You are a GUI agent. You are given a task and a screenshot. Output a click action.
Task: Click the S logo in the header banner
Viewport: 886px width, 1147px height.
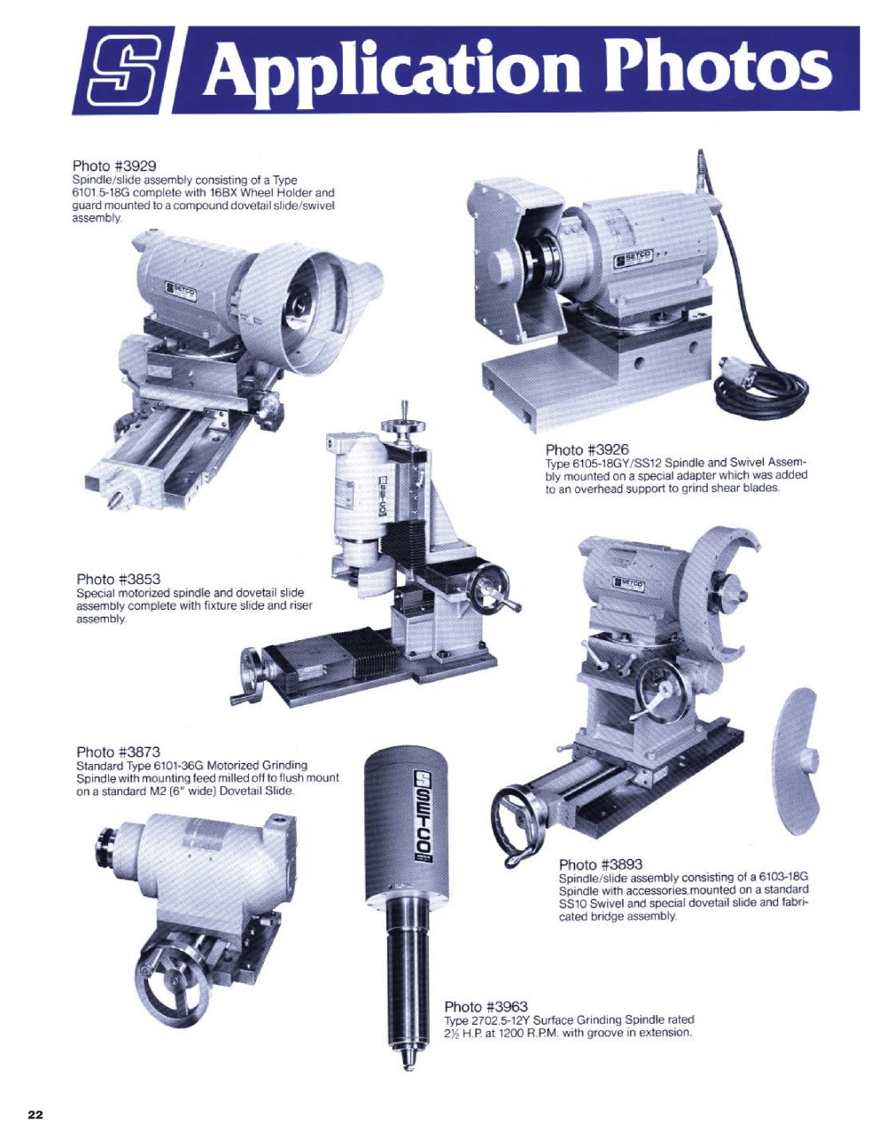(124, 70)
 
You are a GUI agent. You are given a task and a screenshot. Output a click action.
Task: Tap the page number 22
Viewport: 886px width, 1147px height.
(35, 1115)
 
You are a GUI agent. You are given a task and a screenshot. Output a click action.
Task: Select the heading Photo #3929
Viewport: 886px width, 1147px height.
(114, 166)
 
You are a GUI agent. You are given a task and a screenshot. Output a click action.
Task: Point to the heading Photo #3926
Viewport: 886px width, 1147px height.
(587, 449)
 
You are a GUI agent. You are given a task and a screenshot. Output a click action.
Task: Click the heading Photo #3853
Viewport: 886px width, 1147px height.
(119, 579)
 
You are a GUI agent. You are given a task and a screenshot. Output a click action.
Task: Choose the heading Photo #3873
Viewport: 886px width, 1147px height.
(119, 752)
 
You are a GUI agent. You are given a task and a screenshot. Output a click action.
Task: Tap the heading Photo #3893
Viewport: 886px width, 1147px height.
(602, 864)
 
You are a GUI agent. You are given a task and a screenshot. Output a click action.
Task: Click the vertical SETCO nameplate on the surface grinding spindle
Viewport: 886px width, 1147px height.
(424, 816)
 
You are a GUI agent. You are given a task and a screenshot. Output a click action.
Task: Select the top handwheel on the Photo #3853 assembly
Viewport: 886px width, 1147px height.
(405, 427)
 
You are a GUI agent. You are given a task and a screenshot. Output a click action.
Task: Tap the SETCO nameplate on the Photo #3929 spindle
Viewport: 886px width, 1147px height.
(181, 291)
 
